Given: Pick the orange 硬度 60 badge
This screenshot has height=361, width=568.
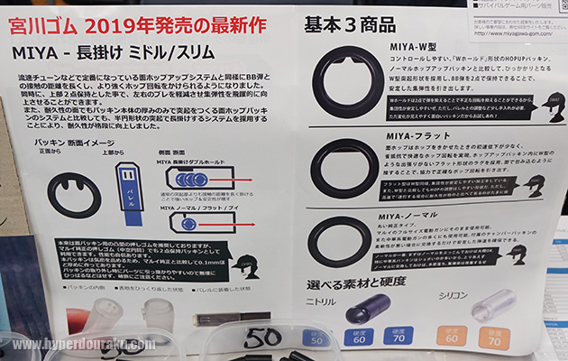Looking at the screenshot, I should pos(453,339).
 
